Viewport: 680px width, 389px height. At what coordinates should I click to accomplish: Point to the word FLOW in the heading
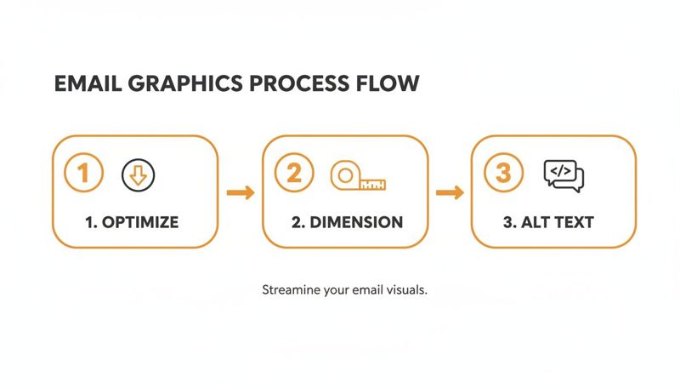(x=392, y=83)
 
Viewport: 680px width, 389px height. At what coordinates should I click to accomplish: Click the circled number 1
(x=83, y=173)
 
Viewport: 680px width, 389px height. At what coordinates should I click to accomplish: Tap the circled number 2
(x=293, y=173)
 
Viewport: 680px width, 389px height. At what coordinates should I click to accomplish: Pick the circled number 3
(x=503, y=173)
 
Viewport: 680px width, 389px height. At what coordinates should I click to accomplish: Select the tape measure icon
(x=358, y=176)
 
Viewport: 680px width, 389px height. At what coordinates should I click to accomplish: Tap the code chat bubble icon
(x=564, y=174)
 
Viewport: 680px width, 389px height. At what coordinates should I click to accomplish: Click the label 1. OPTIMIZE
(x=132, y=223)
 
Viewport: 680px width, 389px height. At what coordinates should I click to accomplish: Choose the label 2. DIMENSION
(x=346, y=223)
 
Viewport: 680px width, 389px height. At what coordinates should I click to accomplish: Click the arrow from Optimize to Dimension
(x=241, y=192)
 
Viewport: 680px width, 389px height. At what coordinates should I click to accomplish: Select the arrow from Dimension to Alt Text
(x=450, y=192)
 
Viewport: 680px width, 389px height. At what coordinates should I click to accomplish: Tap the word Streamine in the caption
(x=292, y=289)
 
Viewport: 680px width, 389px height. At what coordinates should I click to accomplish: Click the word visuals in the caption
(x=405, y=289)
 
